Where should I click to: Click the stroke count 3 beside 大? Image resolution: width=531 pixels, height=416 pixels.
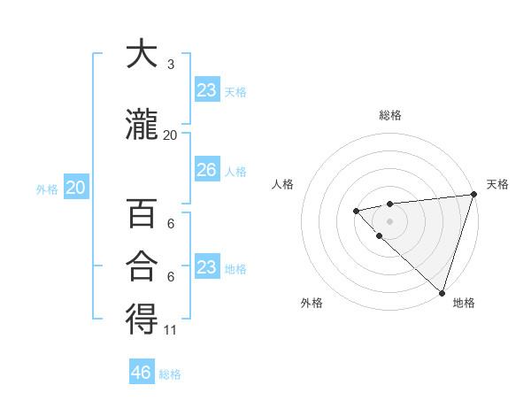[x=170, y=65]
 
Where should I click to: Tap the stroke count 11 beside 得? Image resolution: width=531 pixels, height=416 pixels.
[x=171, y=330]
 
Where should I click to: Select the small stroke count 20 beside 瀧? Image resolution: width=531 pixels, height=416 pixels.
[x=170, y=135]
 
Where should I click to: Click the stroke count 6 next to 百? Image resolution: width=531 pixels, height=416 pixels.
[x=170, y=224]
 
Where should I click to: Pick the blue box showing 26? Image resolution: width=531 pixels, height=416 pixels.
[x=206, y=170]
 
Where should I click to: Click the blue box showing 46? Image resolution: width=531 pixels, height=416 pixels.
[x=142, y=373]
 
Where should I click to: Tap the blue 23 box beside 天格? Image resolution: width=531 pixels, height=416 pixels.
[x=206, y=90]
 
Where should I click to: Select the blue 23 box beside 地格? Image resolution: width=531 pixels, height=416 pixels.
[x=206, y=267]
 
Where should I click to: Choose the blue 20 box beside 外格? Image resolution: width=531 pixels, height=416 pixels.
[x=75, y=188]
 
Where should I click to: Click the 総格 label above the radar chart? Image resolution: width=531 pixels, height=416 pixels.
[x=390, y=115]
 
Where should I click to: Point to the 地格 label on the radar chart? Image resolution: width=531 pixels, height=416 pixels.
[x=464, y=304]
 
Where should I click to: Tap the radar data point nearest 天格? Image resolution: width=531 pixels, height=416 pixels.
[x=473, y=194]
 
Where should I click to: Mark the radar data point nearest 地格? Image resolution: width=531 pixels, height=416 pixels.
[x=442, y=292]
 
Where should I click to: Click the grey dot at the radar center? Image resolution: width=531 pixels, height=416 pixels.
[x=389, y=220]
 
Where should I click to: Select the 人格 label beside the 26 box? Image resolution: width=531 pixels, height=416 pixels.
[x=235, y=171]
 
